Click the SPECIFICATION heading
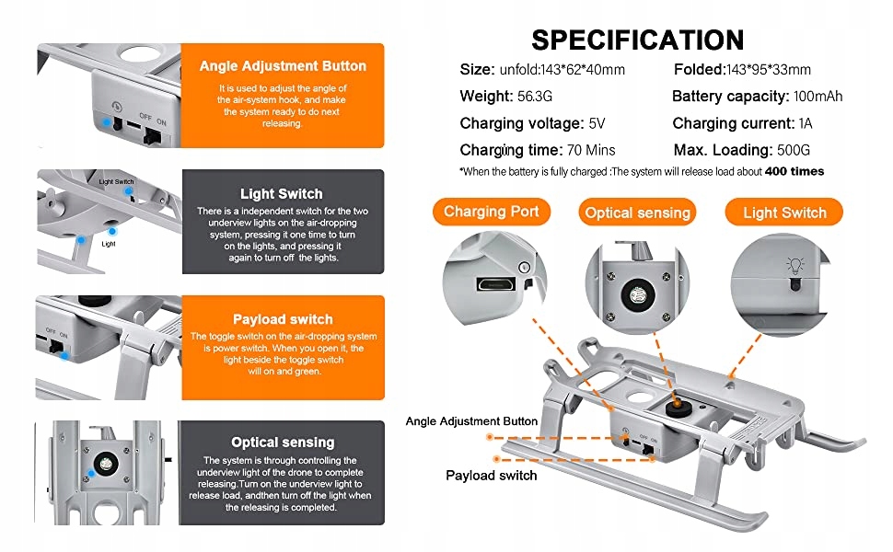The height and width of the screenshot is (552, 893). (x=637, y=40)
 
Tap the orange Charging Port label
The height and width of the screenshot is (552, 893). (x=491, y=212)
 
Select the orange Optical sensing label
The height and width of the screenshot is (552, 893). (x=637, y=213)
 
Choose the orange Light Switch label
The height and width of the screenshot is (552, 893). (x=784, y=213)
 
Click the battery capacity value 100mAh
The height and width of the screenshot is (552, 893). (x=818, y=96)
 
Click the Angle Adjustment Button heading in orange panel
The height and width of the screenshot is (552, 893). (x=283, y=66)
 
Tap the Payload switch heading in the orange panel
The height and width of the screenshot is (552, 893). (x=283, y=319)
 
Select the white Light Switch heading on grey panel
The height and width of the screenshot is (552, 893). (x=281, y=193)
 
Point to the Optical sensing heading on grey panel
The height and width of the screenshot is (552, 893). (x=283, y=443)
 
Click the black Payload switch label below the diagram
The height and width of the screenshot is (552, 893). (x=491, y=476)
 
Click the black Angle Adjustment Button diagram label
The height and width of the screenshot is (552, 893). (x=471, y=421)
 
